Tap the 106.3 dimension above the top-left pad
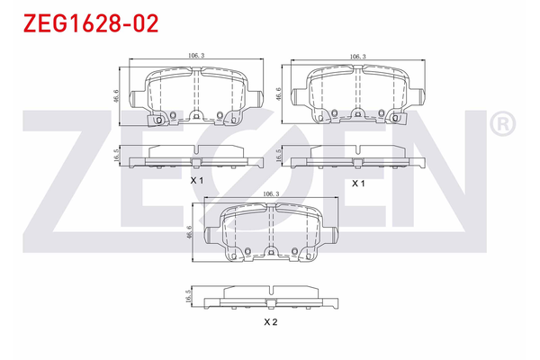196,56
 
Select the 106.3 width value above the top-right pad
357,56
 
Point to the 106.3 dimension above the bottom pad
268,193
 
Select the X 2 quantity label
269,321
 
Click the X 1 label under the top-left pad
197,181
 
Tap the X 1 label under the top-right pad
357,183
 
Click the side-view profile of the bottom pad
269,297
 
